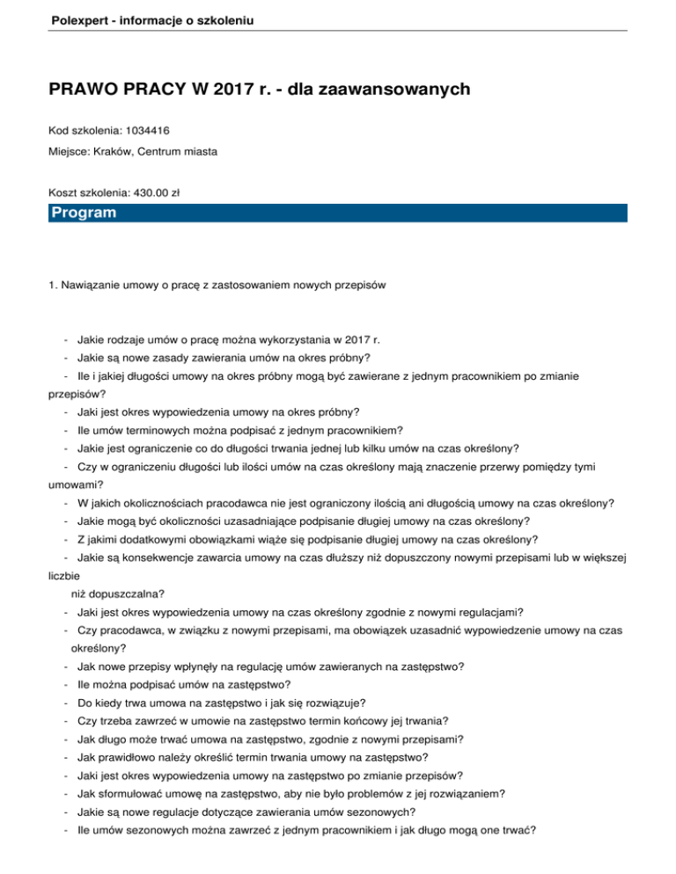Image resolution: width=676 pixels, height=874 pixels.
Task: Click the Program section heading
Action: click(x=84, y=213)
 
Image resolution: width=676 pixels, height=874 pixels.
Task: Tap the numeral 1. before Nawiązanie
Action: click(x=53, y=284)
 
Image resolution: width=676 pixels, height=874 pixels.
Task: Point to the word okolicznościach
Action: click(x=162, y=503)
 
